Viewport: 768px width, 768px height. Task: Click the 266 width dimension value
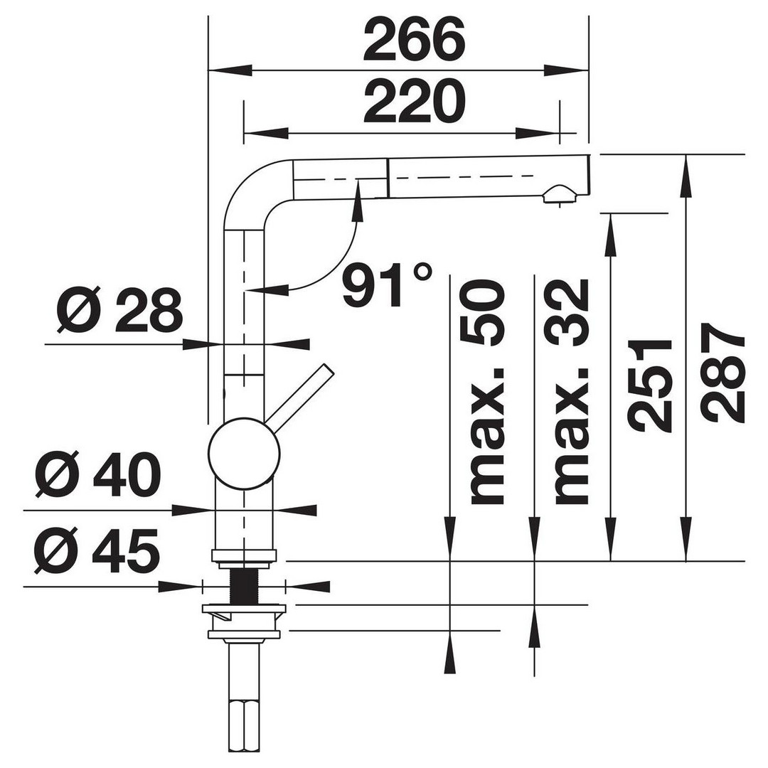[x=414, y=40]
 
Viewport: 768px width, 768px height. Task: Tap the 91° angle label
[x=387, y=284]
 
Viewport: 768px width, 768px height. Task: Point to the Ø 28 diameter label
[x=119, y=309]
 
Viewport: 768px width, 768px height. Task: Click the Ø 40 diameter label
[x=98, y=474]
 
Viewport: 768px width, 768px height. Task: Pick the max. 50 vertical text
[x=487, y=392]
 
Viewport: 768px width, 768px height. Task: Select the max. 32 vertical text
[x=571, y=392]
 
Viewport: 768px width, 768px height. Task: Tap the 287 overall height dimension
[x=724, y=372]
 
